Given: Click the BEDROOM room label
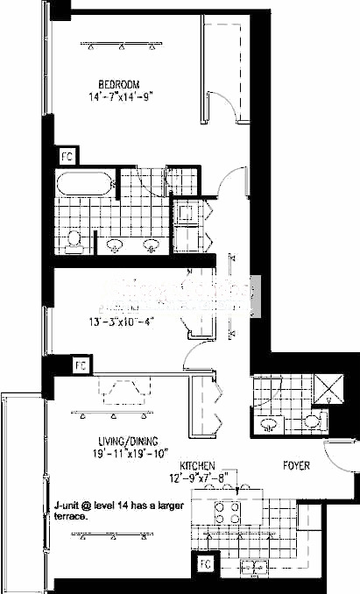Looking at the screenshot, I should (119, 85).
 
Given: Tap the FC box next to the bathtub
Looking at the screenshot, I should (67, 156).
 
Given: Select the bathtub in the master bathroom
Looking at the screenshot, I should (83, 184).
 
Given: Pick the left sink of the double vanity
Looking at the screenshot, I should (115, 245).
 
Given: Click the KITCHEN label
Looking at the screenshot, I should (198, 465).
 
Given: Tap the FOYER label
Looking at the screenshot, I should (296, 466).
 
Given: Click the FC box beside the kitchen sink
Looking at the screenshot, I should (206, 562).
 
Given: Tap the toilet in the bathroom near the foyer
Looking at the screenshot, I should (271, 425).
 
